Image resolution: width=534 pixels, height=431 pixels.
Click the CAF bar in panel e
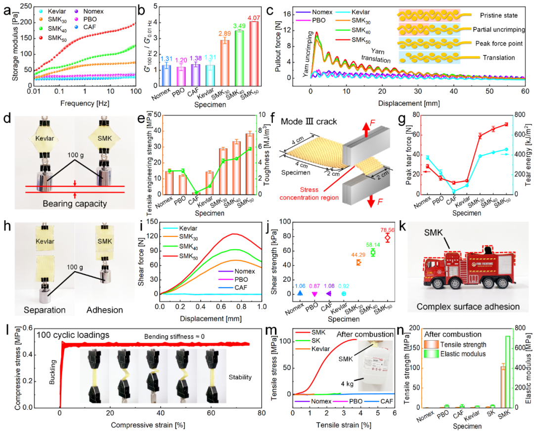[x=195, y=193]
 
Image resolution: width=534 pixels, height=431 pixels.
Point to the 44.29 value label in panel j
[x=358, y=254]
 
